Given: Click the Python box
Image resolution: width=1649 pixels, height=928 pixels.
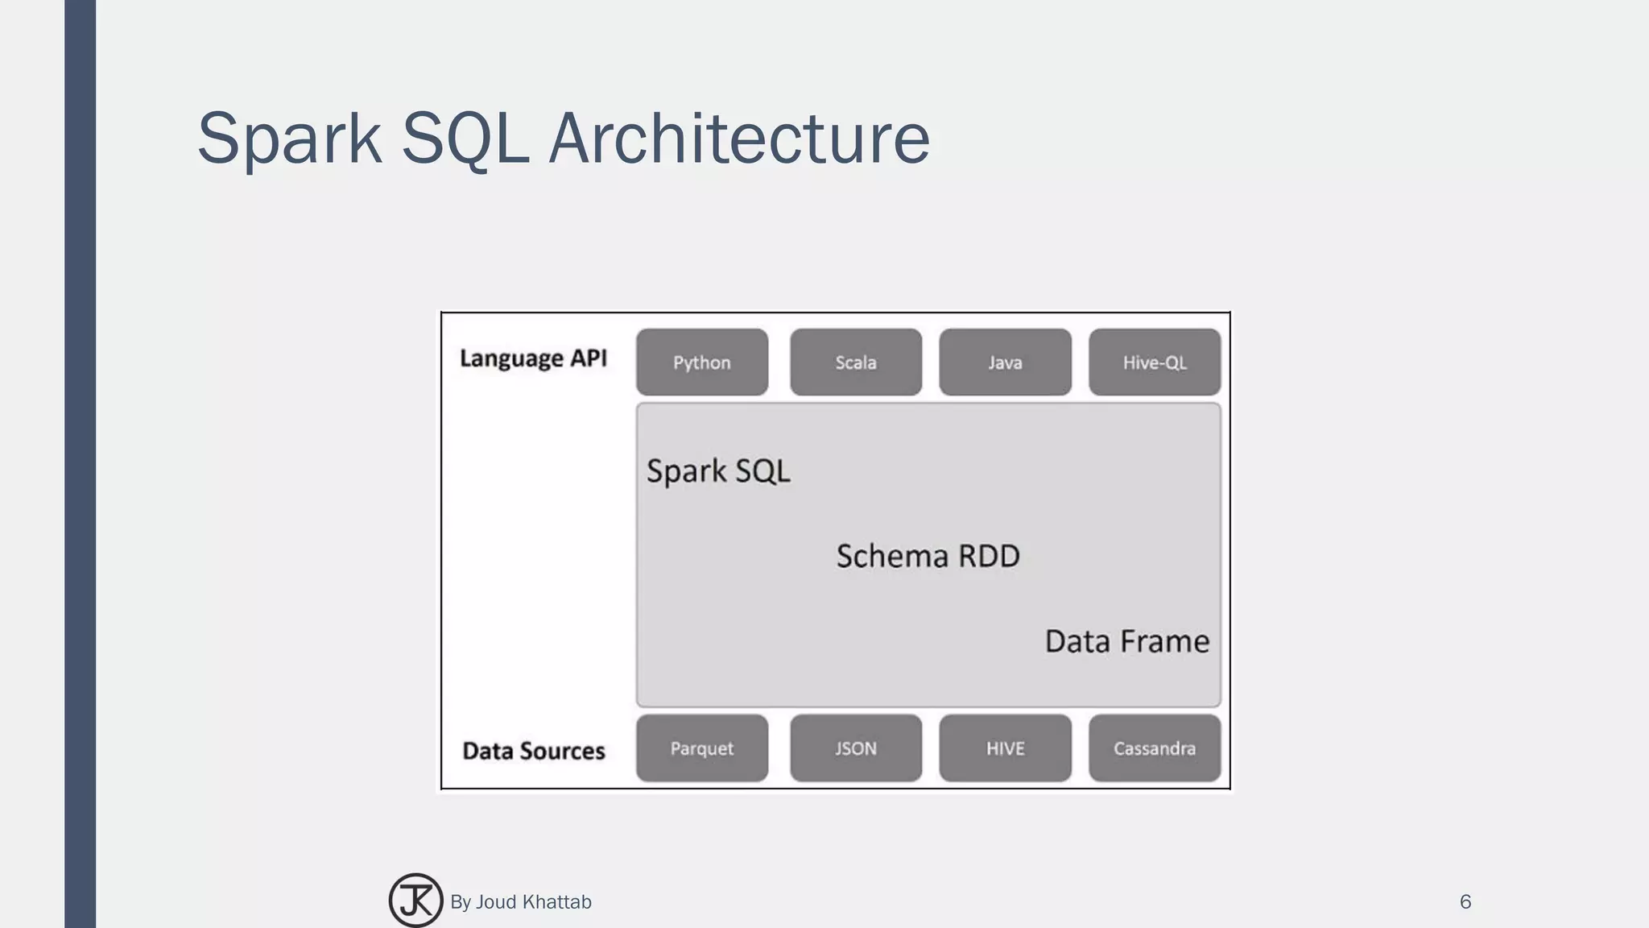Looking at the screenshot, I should [701, 362].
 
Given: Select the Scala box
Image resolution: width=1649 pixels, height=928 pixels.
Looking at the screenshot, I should [855, 362].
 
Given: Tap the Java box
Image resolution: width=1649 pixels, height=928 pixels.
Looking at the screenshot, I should [1005, 362].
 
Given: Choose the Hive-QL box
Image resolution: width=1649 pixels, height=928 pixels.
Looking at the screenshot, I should [1154, 362].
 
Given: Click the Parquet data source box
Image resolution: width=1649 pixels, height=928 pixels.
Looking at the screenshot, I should [701, 748].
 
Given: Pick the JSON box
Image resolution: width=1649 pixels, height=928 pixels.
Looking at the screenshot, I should [855, 748].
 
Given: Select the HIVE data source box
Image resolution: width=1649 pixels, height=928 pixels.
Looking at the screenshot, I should [1005, 748].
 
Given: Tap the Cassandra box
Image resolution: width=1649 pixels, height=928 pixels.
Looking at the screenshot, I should [1154, 748].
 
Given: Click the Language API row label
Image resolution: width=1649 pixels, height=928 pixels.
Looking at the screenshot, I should [533, 358].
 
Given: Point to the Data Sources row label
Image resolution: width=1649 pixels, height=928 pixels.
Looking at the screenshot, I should [533, 751].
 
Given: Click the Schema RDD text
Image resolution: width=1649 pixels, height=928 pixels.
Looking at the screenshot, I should [928, 556].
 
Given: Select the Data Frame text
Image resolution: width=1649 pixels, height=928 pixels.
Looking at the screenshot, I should [1126, 641].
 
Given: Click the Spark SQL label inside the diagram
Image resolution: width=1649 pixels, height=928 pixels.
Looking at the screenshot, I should [718, 471].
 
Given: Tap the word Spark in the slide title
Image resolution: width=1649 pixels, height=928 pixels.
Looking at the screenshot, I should [289, 139].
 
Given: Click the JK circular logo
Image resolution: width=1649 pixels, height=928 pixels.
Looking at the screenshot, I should [415, 901].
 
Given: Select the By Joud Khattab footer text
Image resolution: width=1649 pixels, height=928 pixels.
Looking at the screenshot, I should [520, 902].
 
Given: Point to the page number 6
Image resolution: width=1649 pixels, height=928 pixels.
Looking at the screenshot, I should [1465, 902].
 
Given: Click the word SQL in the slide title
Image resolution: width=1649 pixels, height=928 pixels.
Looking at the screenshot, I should [465, 139].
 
